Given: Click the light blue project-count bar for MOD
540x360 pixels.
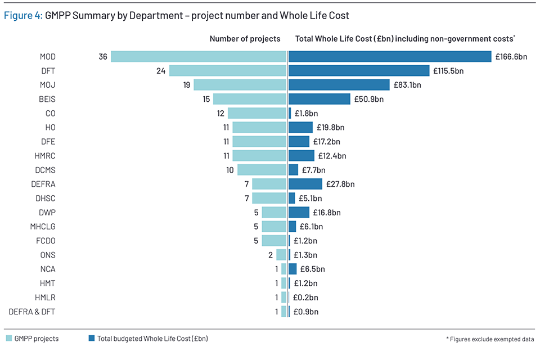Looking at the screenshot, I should [x=199, y=56].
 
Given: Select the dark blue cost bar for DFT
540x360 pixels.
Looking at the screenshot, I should [x=359, y=71].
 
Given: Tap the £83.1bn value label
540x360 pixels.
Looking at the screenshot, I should [x=407, y=85].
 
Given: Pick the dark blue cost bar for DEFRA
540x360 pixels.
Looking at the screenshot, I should [x=305, y=184].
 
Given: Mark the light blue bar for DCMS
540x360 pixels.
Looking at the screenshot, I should [x=262, y=170].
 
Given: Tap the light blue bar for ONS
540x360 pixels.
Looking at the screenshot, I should [x=281, y=255].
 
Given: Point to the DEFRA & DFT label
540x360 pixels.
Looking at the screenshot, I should [x=32, y=312].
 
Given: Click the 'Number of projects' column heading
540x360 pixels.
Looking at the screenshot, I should [x=245, y=39].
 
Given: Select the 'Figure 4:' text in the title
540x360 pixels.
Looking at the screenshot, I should [x=23, y=16].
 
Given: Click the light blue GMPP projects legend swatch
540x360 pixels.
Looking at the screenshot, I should [x=9, y=339].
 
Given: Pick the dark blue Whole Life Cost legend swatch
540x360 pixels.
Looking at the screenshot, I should [x=91, y=339].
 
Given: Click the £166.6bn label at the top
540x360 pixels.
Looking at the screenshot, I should [x=511, y=57].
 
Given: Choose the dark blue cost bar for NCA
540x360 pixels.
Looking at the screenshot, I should [x=292, y=269].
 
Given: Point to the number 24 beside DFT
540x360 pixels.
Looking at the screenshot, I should [x=161, y=71].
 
